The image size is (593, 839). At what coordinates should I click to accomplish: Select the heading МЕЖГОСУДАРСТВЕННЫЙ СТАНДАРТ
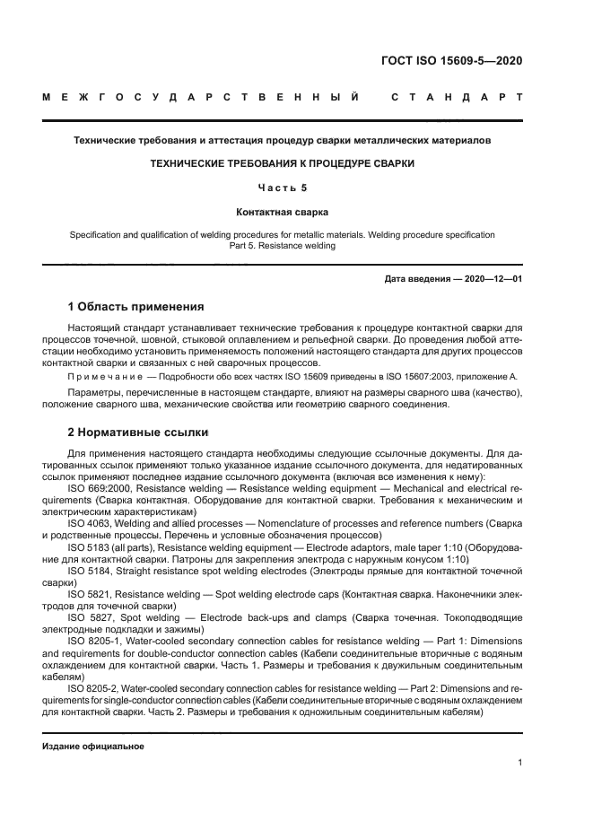coord(282,96)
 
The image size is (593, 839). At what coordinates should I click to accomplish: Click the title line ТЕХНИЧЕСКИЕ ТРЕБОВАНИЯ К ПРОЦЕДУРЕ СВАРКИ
coord(282,164)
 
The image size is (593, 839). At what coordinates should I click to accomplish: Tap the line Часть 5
coord(282,188)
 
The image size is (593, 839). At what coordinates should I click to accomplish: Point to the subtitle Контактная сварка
coord(282,213)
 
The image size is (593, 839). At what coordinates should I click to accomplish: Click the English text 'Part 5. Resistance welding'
coord(282,246)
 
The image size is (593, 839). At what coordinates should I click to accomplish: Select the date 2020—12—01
coord(492,279)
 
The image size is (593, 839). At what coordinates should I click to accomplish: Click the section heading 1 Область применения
coord(135,307)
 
